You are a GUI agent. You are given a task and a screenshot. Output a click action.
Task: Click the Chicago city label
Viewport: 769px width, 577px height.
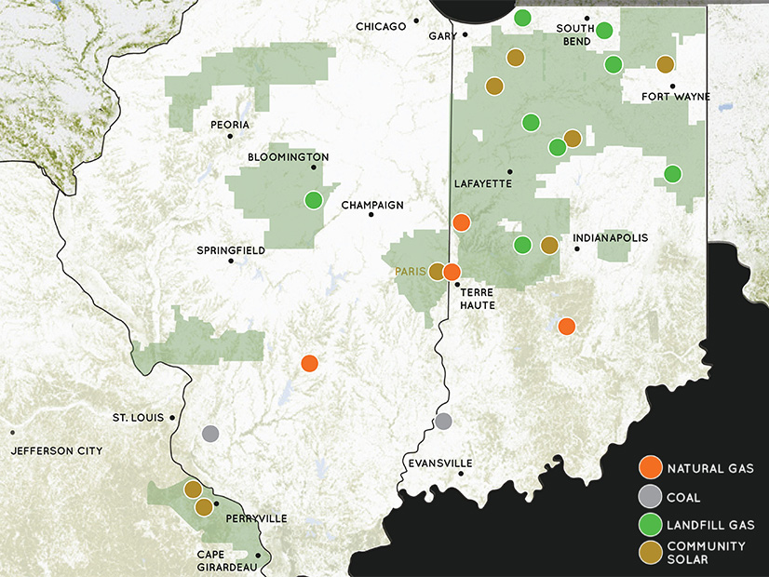point(381,26)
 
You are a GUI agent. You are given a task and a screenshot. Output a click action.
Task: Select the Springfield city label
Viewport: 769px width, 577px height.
point(231,250)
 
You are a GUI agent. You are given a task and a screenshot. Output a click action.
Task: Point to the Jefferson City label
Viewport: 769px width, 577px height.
point(57,450)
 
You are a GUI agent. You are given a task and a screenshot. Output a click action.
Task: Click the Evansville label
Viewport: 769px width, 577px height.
point(440,463)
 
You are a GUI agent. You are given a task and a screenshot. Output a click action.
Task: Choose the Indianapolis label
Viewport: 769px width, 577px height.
point(610,238)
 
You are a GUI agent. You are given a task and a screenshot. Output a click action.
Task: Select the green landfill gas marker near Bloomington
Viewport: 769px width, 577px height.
point(313,199)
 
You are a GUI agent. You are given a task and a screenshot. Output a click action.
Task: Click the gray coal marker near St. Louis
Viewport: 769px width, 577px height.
point(211,434)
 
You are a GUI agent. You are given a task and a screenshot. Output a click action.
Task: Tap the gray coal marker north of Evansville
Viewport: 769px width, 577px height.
point(444,421)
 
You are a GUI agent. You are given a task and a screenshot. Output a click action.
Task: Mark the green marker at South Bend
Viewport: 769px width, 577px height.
point(604,31)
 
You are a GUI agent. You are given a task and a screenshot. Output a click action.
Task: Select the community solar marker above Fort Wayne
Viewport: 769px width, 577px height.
point(665,64)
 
